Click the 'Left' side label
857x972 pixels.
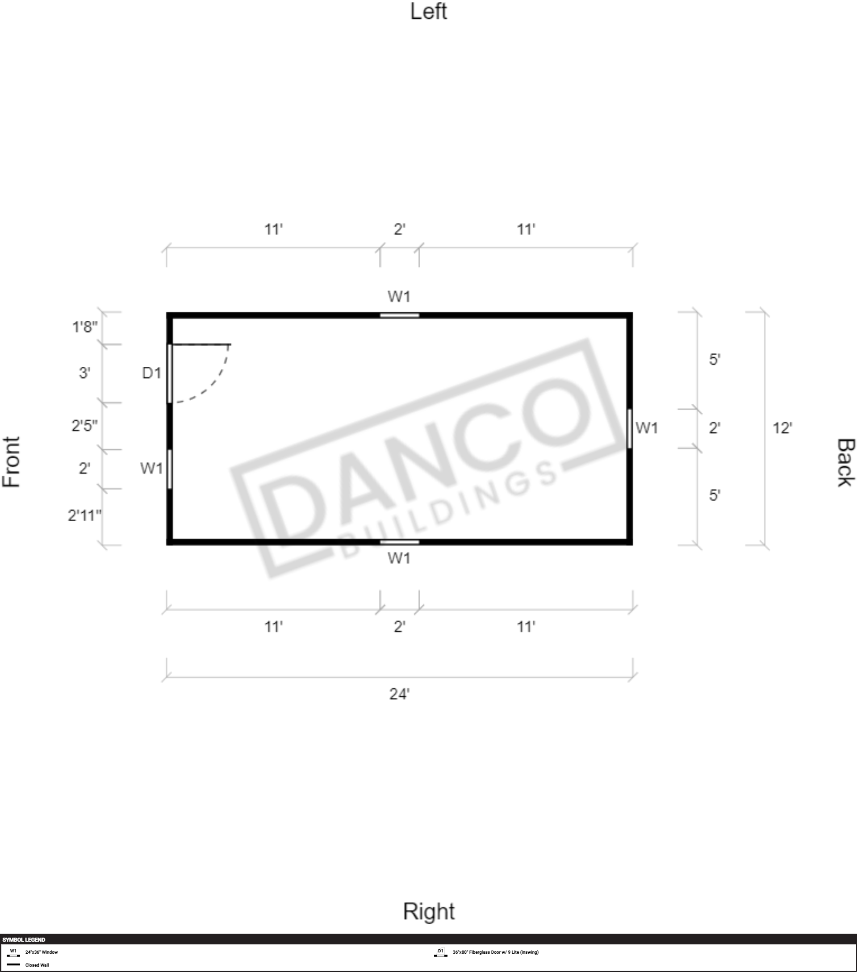tap(428, 12)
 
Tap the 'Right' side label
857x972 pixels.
tap(429, 911)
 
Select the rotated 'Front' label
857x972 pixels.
tap(12, 462)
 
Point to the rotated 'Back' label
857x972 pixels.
tap(845, 462)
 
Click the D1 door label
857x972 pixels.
tap(152, 373)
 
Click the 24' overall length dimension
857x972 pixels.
tap(399, 694)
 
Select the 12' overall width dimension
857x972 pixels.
tap(782, 428)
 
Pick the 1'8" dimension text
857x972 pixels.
tap(84, 327)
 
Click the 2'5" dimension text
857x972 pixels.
tap(84, 425)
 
